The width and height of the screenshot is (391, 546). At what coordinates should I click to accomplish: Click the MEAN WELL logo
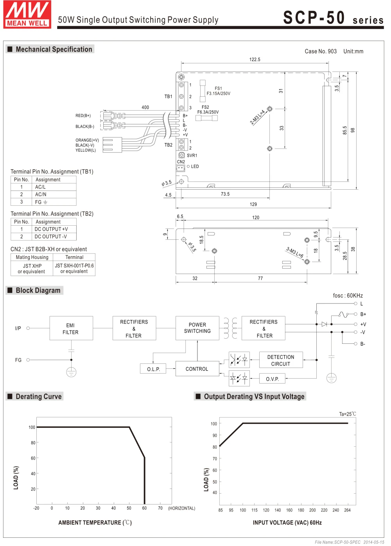point(27,14)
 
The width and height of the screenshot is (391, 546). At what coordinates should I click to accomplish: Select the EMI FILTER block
point(71,328)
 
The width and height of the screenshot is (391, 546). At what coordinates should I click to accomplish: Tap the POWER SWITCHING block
point(197,328)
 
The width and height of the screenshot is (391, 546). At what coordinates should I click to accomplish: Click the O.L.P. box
point(153,368)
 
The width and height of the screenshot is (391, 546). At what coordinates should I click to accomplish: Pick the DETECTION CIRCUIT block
point(281,360)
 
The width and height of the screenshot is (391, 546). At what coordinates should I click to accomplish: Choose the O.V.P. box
point(272,379)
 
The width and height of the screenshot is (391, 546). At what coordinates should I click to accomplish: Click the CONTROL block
point(197,368)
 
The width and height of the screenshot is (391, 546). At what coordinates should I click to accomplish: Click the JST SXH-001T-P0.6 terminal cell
point(74,268)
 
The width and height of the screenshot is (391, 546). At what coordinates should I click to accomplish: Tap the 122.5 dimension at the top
point(255,59)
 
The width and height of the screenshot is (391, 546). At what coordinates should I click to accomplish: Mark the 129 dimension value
point(253,204)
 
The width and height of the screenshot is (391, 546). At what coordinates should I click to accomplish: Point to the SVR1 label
point(192,156)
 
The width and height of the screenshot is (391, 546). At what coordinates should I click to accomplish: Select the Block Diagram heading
point(38,290)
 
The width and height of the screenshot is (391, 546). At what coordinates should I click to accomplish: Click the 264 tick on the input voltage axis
point(347,510)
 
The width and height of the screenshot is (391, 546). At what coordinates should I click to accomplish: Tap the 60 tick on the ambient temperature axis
point(144,508)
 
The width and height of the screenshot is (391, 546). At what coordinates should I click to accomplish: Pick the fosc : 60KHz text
point(348,296)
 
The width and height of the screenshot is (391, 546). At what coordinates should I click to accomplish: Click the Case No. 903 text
point(320,51)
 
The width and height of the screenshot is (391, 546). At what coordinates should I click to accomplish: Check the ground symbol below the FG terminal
point(71,372)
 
